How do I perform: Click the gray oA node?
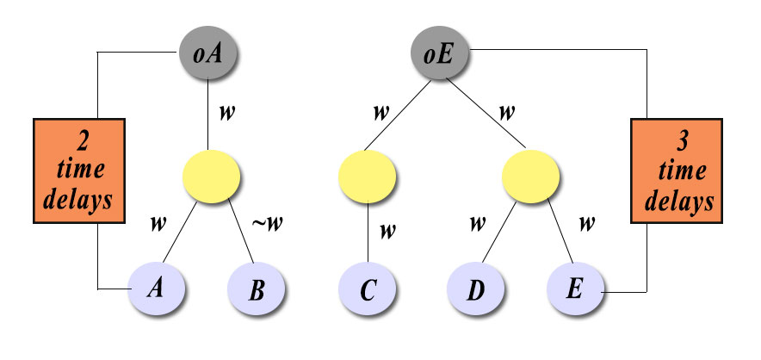(209, 54)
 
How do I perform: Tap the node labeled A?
(158, 288)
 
